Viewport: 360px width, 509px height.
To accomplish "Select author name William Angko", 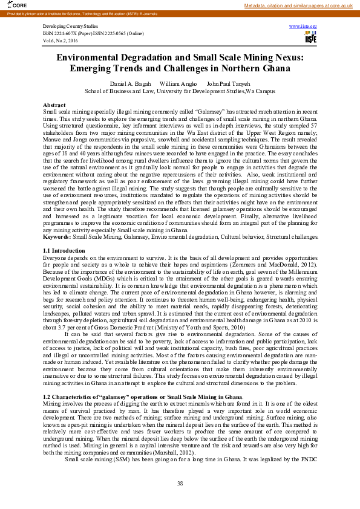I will tap(177, 83).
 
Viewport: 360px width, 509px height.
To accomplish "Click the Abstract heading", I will tap(54, 105).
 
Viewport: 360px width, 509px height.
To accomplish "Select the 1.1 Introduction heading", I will tap(64, 250).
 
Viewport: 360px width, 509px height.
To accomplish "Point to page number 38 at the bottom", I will tap(180, 483).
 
